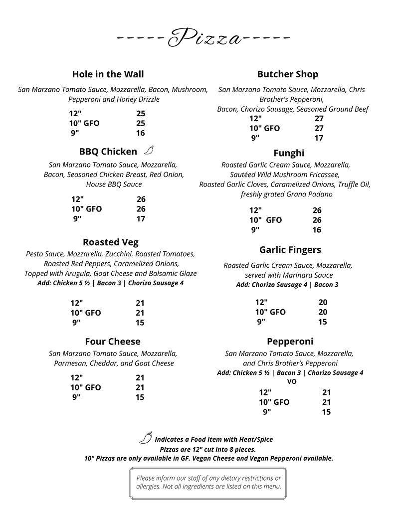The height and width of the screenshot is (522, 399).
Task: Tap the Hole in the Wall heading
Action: pyautogui.click(x=108, y=74)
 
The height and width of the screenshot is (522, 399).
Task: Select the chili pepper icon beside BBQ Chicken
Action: pyautogui.click(x=149, y=151)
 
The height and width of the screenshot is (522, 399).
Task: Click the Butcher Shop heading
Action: pyautogui.click(x=287, y=74)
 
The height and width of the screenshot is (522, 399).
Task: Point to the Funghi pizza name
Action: pyautogui.click(x=288, y=153)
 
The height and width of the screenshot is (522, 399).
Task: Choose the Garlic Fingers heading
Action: pyautogui.click(x=290, y=250)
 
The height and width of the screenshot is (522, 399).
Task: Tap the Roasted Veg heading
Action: pyautogui.click(x=110, y=243)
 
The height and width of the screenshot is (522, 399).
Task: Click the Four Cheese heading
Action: pyautogui.click(x=112, y=342)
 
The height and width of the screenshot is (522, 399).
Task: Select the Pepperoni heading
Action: pyautogui.click(x=290, y=342)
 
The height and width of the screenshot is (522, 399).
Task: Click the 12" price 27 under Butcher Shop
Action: pyautogui.click(x=319, y=119)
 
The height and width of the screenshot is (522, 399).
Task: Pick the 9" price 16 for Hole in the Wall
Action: pyautogui.click(x=140, y=133)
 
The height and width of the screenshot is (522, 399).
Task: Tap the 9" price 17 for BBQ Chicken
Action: pyautogui.click(x=141, y=219)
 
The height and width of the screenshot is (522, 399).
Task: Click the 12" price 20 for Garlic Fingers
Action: pyautogui.click(x=323, y=302)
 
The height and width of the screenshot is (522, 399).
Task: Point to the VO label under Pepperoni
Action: pyautogui.click(x=292, y=381)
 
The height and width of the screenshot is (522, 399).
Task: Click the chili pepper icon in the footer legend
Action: pyautogui.click(x=145, y=438)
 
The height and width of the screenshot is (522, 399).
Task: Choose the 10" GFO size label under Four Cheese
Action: pyautogui.click(x=85, y=387)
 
